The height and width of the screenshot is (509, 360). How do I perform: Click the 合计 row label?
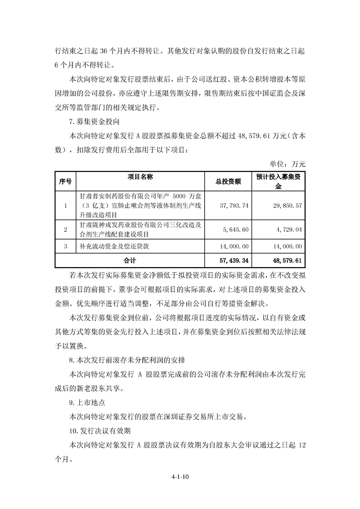(x=130, y=261)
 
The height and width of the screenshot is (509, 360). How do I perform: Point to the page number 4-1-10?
(x=180, y=477)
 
